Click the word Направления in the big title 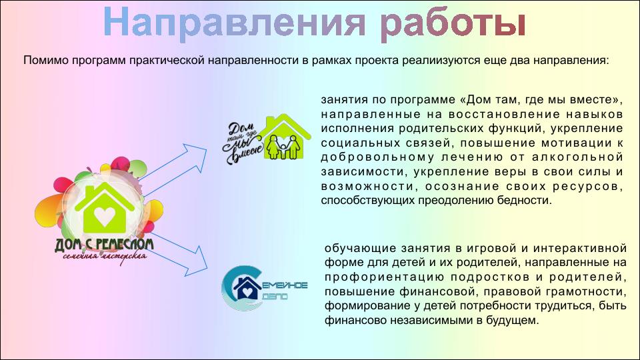tap(235, 23)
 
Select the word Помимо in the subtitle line tap(46, 61)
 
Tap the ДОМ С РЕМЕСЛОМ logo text tap(104, 245)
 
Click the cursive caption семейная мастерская tap(105, 257)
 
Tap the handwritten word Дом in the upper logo tap(239, 130)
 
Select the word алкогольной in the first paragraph tap(577, 157)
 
